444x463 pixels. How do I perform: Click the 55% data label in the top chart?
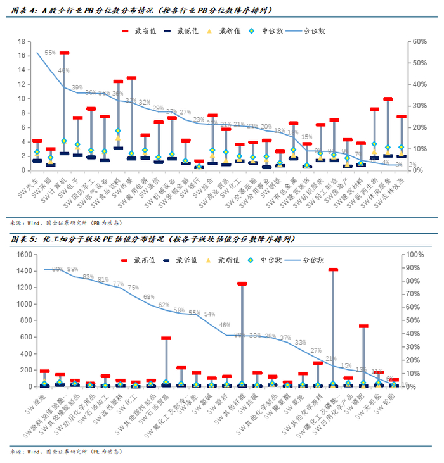coord(49,53)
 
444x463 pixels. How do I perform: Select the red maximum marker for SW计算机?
coord(64,53)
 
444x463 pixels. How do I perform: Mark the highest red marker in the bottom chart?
coord(333,270)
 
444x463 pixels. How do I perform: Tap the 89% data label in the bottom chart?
coord(57,270)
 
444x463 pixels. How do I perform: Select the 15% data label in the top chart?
coord(306,137)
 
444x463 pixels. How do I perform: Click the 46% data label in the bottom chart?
coord(225,326)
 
